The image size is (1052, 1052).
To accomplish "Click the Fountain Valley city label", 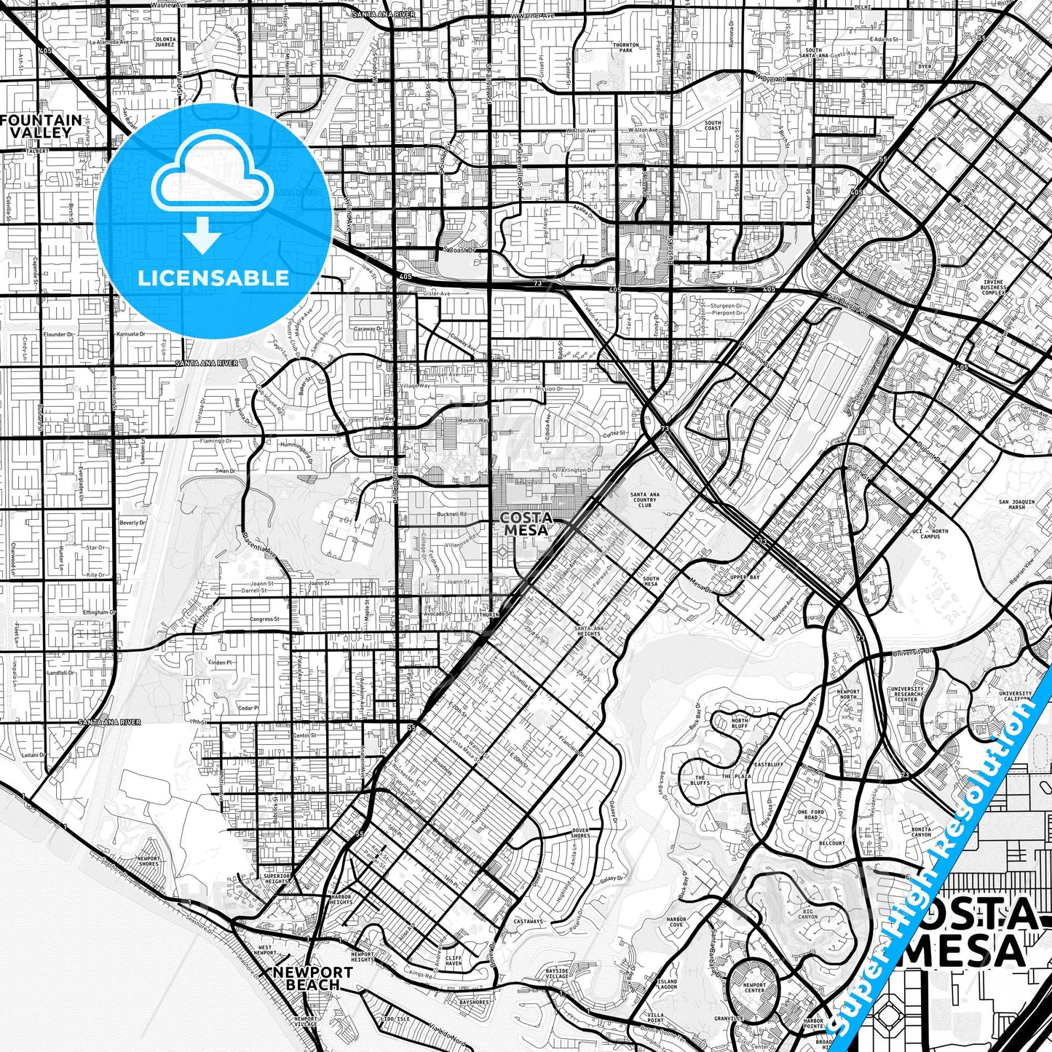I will click(x=41, y=126).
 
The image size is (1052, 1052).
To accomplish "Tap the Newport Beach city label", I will click(x=313, y=978).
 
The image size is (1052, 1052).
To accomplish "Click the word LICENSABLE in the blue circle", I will click(x=214, y=277).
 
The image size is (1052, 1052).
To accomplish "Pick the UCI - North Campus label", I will click(x=930, y=534).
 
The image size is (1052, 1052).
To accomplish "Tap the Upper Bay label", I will click(x=744, y=577).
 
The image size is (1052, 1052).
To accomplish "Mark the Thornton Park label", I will click(x=625, y=48).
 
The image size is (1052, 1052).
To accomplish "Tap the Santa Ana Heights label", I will click(x=588, y=630).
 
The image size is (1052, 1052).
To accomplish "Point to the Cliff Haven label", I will click(x=453, y=960).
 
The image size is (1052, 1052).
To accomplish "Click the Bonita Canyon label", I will click(x=921, y=832).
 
